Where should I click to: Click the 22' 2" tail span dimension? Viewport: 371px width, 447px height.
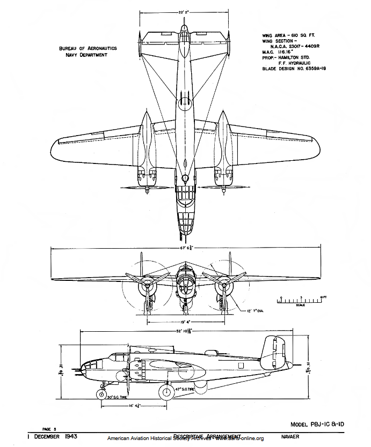click(x=184, y=11)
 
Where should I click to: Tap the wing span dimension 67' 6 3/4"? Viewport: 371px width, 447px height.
click(x=184, y=248)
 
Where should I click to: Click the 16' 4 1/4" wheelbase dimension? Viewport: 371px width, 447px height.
click(x=134, y=406)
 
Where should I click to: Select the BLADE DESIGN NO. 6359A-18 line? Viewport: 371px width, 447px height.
click(x=294, y=69)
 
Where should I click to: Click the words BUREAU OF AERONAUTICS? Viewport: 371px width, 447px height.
click(x=88, y=48)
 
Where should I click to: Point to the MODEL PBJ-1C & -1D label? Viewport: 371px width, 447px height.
click(x=317, y=424)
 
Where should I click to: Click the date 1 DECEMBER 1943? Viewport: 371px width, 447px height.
click(x=52, y=437)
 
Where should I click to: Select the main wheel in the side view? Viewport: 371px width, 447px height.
click(x=166, y=392)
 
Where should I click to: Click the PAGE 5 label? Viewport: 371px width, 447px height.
click(x=49, y=429)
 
